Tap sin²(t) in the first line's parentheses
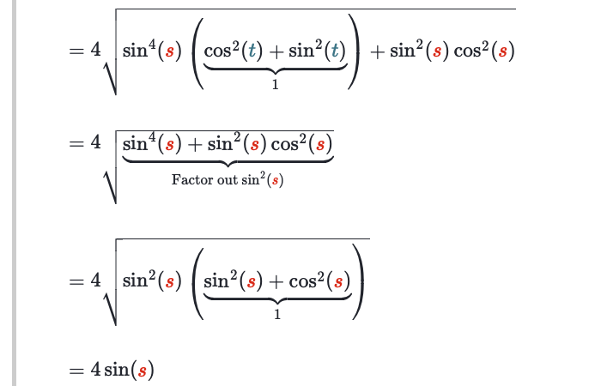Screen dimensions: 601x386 315,51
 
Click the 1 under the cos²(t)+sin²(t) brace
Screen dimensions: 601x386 275,83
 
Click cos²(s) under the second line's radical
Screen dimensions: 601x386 300,143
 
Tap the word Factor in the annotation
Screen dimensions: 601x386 189,180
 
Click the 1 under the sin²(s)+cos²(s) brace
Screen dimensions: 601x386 276,314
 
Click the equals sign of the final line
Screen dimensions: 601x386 76,371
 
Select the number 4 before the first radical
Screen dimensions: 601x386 96,51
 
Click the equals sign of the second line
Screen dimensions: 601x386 76,143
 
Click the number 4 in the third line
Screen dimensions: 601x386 96,280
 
